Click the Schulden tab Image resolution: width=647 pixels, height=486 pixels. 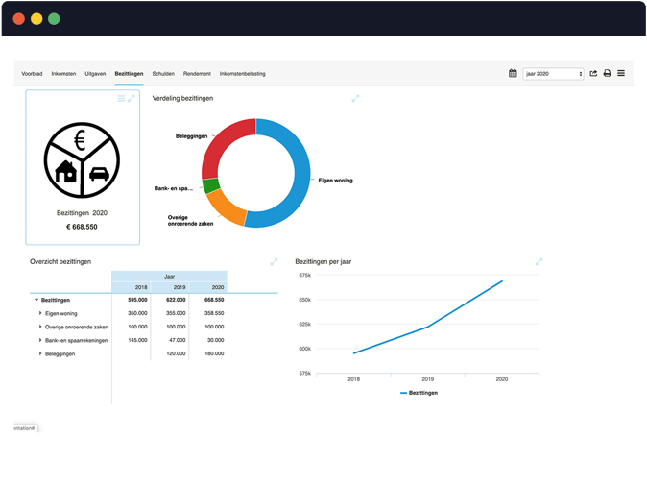[x=163, y=73]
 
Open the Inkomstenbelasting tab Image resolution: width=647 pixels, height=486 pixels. [x=242, y=73]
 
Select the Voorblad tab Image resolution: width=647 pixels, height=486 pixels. [x=32, y=73]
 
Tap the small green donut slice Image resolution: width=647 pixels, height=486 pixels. [x=211, y=186]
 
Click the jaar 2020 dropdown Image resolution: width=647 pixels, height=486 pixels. [x=553, y=73]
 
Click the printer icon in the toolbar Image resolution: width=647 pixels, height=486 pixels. [x=607, y=73]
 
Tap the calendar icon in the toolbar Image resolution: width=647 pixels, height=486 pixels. [x=514, y=73]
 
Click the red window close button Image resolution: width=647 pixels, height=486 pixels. [x=19, y=18]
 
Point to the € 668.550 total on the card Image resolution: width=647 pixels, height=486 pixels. [x=83, y=227]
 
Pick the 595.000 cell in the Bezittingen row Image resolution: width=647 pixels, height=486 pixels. [x=136, y=300]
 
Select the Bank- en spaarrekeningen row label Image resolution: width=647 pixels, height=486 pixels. [x=76, y=340]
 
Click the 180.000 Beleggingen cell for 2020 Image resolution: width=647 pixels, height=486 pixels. [x=213, y=353]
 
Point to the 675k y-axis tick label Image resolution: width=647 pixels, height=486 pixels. [x=305, y=275]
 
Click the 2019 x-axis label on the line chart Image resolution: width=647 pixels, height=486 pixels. [x=427, y=380]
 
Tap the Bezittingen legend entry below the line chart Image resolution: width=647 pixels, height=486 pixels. [x=422, y=393]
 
